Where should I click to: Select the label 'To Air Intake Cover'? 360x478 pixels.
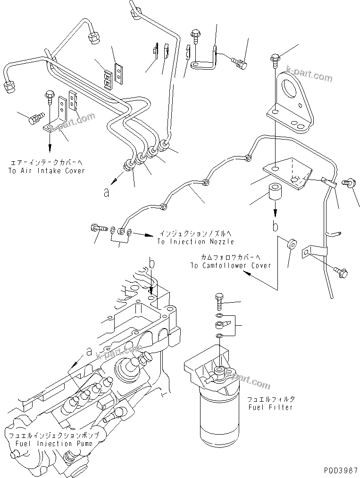pyautogui.click(x=46, y=170)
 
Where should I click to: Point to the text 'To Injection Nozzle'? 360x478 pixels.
pyautogui.click(x=196, y=241)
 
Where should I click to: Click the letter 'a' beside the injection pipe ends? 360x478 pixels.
pyautogui.click(x=107, y=193)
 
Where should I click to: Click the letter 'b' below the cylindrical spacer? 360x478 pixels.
pyautogui.click(x=275, y=227)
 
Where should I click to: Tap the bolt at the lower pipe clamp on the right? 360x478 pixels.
pyautogui.click(x=341, y=272)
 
